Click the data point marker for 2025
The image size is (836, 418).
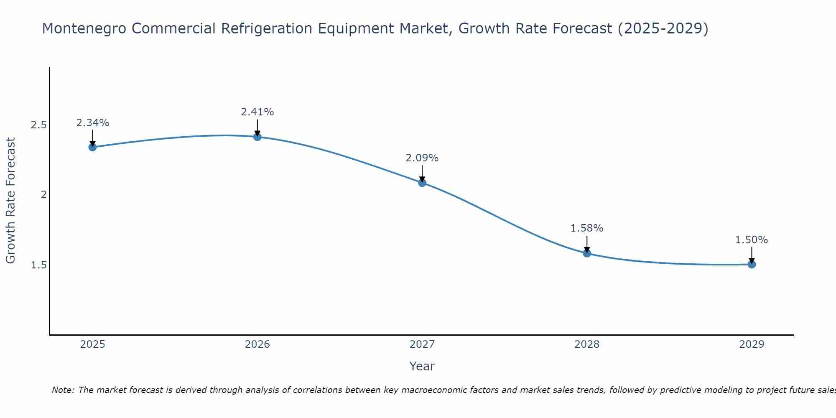[92, 147]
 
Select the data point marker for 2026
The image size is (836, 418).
[257, 137]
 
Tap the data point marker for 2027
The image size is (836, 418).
[422, 182]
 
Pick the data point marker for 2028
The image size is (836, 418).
[587, 253]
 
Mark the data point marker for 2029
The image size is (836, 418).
[752, 264]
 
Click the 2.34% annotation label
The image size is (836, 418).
[92, 123]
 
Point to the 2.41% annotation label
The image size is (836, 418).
[257, 112]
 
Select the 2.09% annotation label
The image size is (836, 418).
[422, 158]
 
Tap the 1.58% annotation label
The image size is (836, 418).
[587, 228]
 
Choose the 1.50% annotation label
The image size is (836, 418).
[752, 240]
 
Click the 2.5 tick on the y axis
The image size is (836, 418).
[38, 125]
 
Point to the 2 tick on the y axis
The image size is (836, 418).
[43, 195]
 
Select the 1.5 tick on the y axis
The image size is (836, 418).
[38, 265]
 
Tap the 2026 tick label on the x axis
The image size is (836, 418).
[257, 344]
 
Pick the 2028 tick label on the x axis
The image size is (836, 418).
[587, 344]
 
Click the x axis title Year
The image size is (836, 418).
[422, 366]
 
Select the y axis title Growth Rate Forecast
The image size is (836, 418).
[10, 201]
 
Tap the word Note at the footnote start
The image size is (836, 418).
[63, 390]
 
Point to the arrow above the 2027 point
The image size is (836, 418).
[422, 173]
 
